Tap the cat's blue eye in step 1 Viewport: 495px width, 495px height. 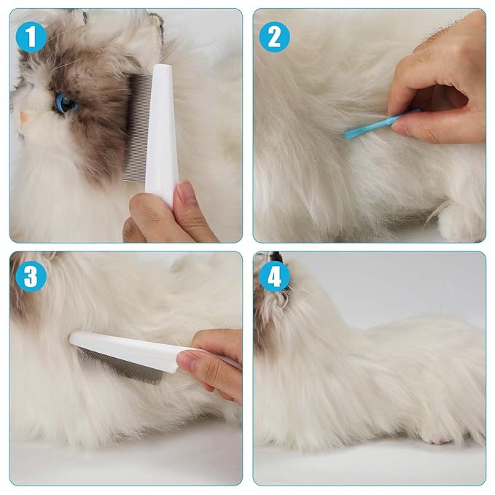tap(66, 104)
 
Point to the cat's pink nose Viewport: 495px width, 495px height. tap(24, 116)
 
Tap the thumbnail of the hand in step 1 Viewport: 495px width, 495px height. tap(186, 195)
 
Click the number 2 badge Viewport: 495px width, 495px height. tap(273, 36)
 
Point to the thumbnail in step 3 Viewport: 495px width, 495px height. tap(187, 359)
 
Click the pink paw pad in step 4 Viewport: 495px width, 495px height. tap(436, 439)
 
